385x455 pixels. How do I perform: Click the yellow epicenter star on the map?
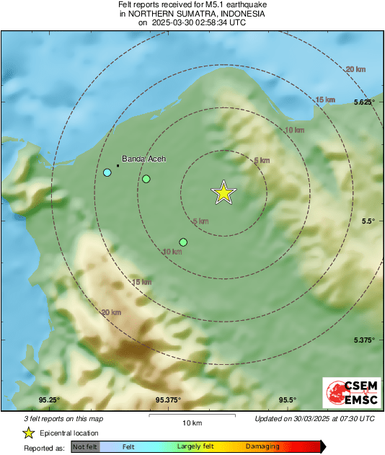tap(224, 193)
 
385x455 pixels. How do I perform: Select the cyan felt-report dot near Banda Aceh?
tap(107, 172)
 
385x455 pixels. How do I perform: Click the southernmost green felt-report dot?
tap(183, 242)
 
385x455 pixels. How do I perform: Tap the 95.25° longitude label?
tap(49, 400)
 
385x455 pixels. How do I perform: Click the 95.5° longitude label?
tap(287, 400)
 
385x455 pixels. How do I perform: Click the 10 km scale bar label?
tap(192, 422)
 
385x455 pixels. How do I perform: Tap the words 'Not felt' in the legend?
tap(85, 447)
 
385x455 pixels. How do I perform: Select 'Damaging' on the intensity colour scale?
tap(262, 447)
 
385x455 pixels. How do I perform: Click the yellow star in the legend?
tap(28, 433)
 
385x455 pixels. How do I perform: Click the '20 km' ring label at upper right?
tap(355, 69)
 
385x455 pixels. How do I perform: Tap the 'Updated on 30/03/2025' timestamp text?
tap(314, 418)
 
